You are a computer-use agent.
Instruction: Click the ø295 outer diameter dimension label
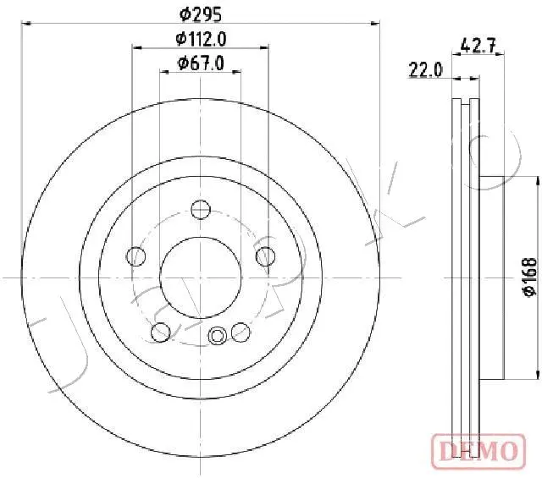pos(199,13)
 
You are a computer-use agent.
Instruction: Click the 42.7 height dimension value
pos(477,45)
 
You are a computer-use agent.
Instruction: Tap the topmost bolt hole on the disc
pos(201,210)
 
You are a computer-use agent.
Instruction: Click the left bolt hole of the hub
pos(134,255)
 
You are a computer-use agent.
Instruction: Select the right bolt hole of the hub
pos(267,255)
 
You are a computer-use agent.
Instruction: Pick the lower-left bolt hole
pos(159,332)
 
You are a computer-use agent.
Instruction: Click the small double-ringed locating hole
pos(218,337)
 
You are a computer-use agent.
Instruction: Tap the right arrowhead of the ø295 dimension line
pos(376,25)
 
